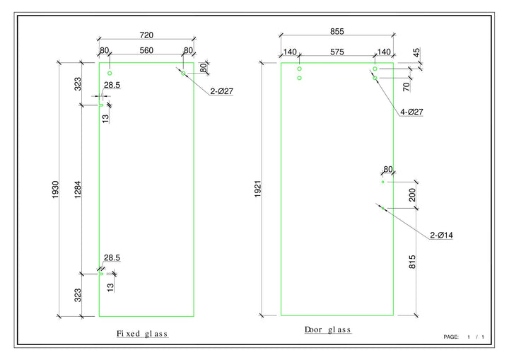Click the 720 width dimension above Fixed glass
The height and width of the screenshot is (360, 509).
coord(146,35)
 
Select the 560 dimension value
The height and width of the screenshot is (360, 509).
coord(146,50)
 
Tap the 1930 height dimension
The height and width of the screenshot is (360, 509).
coord(56,190)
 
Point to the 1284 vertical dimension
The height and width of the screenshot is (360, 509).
coord(76,190)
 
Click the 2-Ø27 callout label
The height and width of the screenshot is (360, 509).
coord(223,91)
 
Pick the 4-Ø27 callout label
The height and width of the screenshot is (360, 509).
coord(411,112)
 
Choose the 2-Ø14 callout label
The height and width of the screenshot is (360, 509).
coord(441,235)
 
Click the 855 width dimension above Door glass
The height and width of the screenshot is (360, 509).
coord(337,31)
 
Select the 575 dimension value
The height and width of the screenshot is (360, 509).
coord(337,52)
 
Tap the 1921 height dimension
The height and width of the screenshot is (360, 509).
coord(259,190)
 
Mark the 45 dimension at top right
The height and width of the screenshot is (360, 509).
coord(416,52)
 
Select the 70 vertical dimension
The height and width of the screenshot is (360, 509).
coord(407,87)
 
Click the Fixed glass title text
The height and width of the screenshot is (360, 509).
coord(143,333)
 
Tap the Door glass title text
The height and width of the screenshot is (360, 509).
coord(327,330)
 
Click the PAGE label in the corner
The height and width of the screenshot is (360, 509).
coord(451,337)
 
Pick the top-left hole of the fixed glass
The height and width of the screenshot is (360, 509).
coord(110,74)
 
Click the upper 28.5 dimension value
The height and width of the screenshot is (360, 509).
coord(112,85)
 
